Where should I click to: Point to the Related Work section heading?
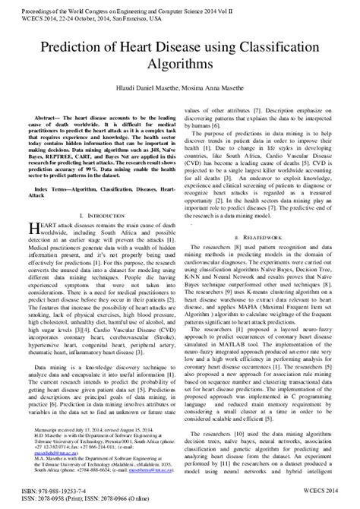[x=267, y=216]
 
